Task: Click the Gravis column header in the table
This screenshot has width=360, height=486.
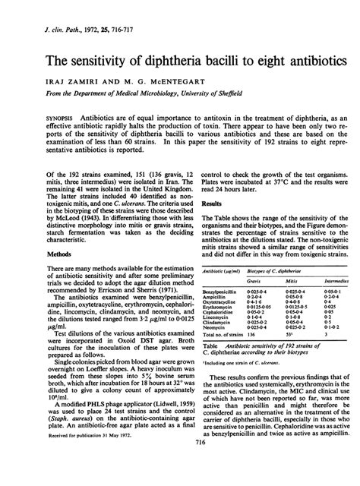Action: pyautogui.click(x=259, y=278)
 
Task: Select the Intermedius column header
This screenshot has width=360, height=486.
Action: pyautogui.click(x=335, y=278)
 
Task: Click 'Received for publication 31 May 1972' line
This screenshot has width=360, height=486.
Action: pyautogui.click(x=83, y=457)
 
